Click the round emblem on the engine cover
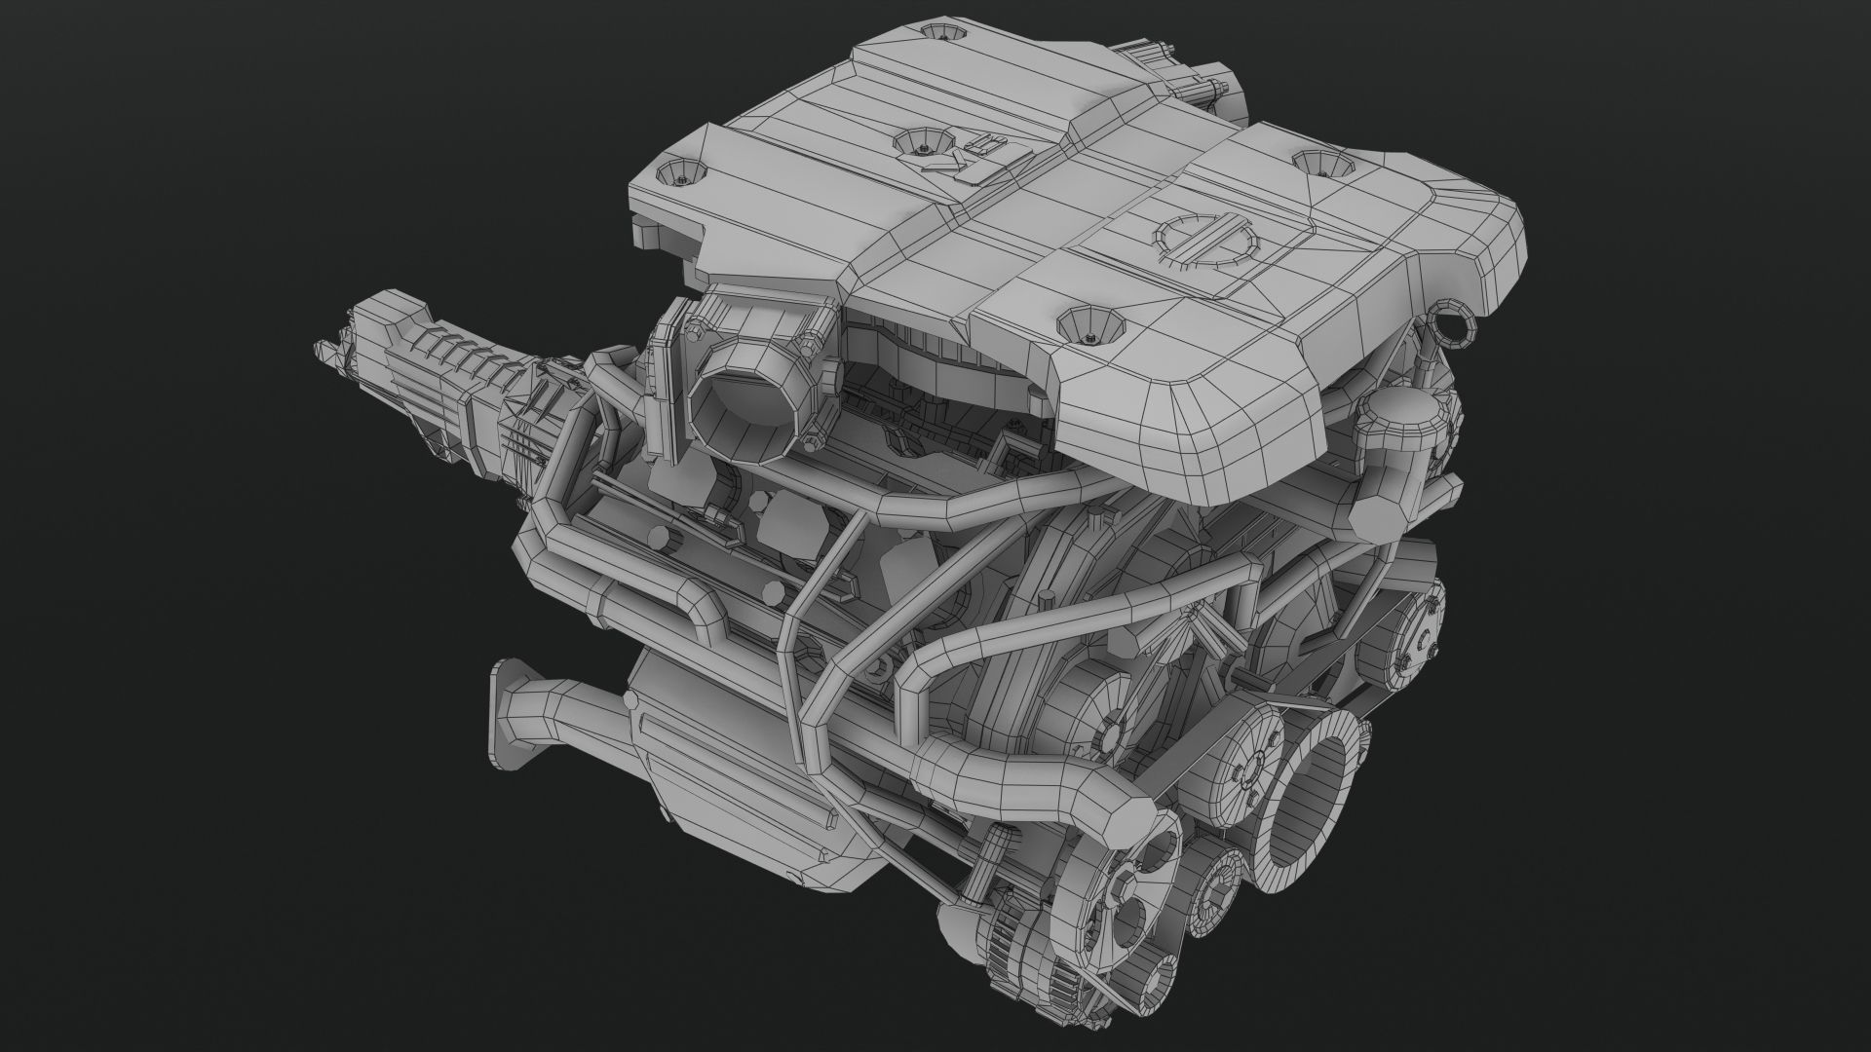pos(1205,237)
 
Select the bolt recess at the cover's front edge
pos(1090,324)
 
